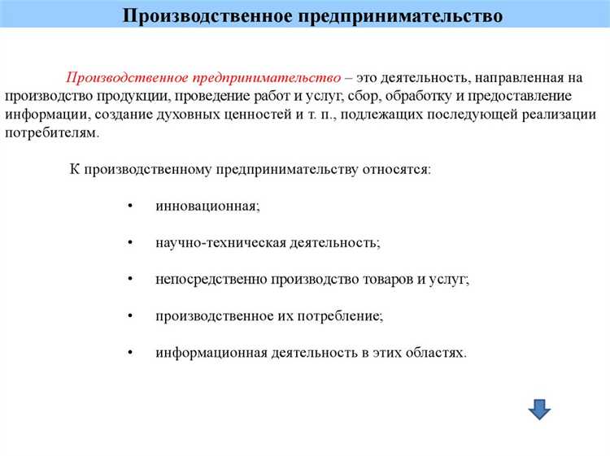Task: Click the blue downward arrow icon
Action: pyautogui.click(x=539, y=408)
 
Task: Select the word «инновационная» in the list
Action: pyautogui.click(x=207, y=206)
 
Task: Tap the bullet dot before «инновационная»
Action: pyautogui.click(x=131, y=206)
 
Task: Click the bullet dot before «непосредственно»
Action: pyautogui.click(x=131, y=279)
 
